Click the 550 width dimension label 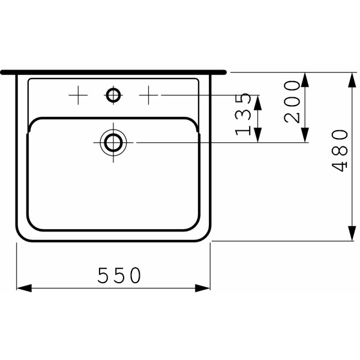pyautogui.click(x=119, y=275)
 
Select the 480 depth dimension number pyautogui.click(x=340, y=150)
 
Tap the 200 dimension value pyautogui.click(x=292, y=101)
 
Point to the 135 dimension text pyautogui.click(x=244, y=114)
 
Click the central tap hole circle pyautogui.click(x=113, y=95)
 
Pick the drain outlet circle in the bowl pyautogui.click(x=113, y=142)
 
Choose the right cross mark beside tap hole pyautogui.click(x=148, y=95)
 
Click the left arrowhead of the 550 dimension pyautogui.click(x=22, y=288)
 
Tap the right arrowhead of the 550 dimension pyautogui.click(x=205, y=288)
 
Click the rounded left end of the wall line pyautogui.click(x=4, y=72)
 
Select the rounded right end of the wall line pyautogui.click(x=224, y=72)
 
